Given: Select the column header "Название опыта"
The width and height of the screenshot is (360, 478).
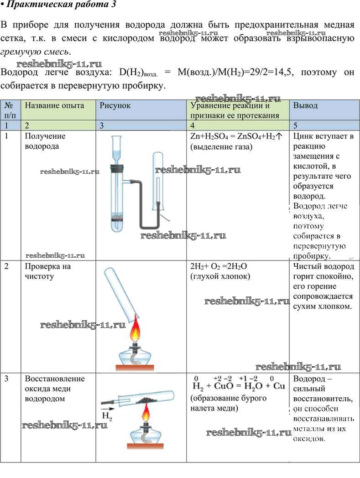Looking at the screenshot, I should tap(54, 105).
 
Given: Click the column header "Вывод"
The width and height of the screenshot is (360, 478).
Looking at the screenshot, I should tap(305, 105).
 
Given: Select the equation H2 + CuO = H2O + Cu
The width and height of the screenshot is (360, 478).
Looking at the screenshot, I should tap(239, 386).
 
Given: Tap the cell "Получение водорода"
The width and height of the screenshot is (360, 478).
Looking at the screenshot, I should tap(45, 141).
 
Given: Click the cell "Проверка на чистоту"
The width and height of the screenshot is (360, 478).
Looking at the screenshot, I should tap(48, 271).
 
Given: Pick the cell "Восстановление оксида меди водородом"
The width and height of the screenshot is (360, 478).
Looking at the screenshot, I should tap(55, 389).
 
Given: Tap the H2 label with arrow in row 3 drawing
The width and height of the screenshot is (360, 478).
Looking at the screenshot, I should tap(107, 414).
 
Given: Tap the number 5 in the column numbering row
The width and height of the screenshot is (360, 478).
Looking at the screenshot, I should tap(296, 125).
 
